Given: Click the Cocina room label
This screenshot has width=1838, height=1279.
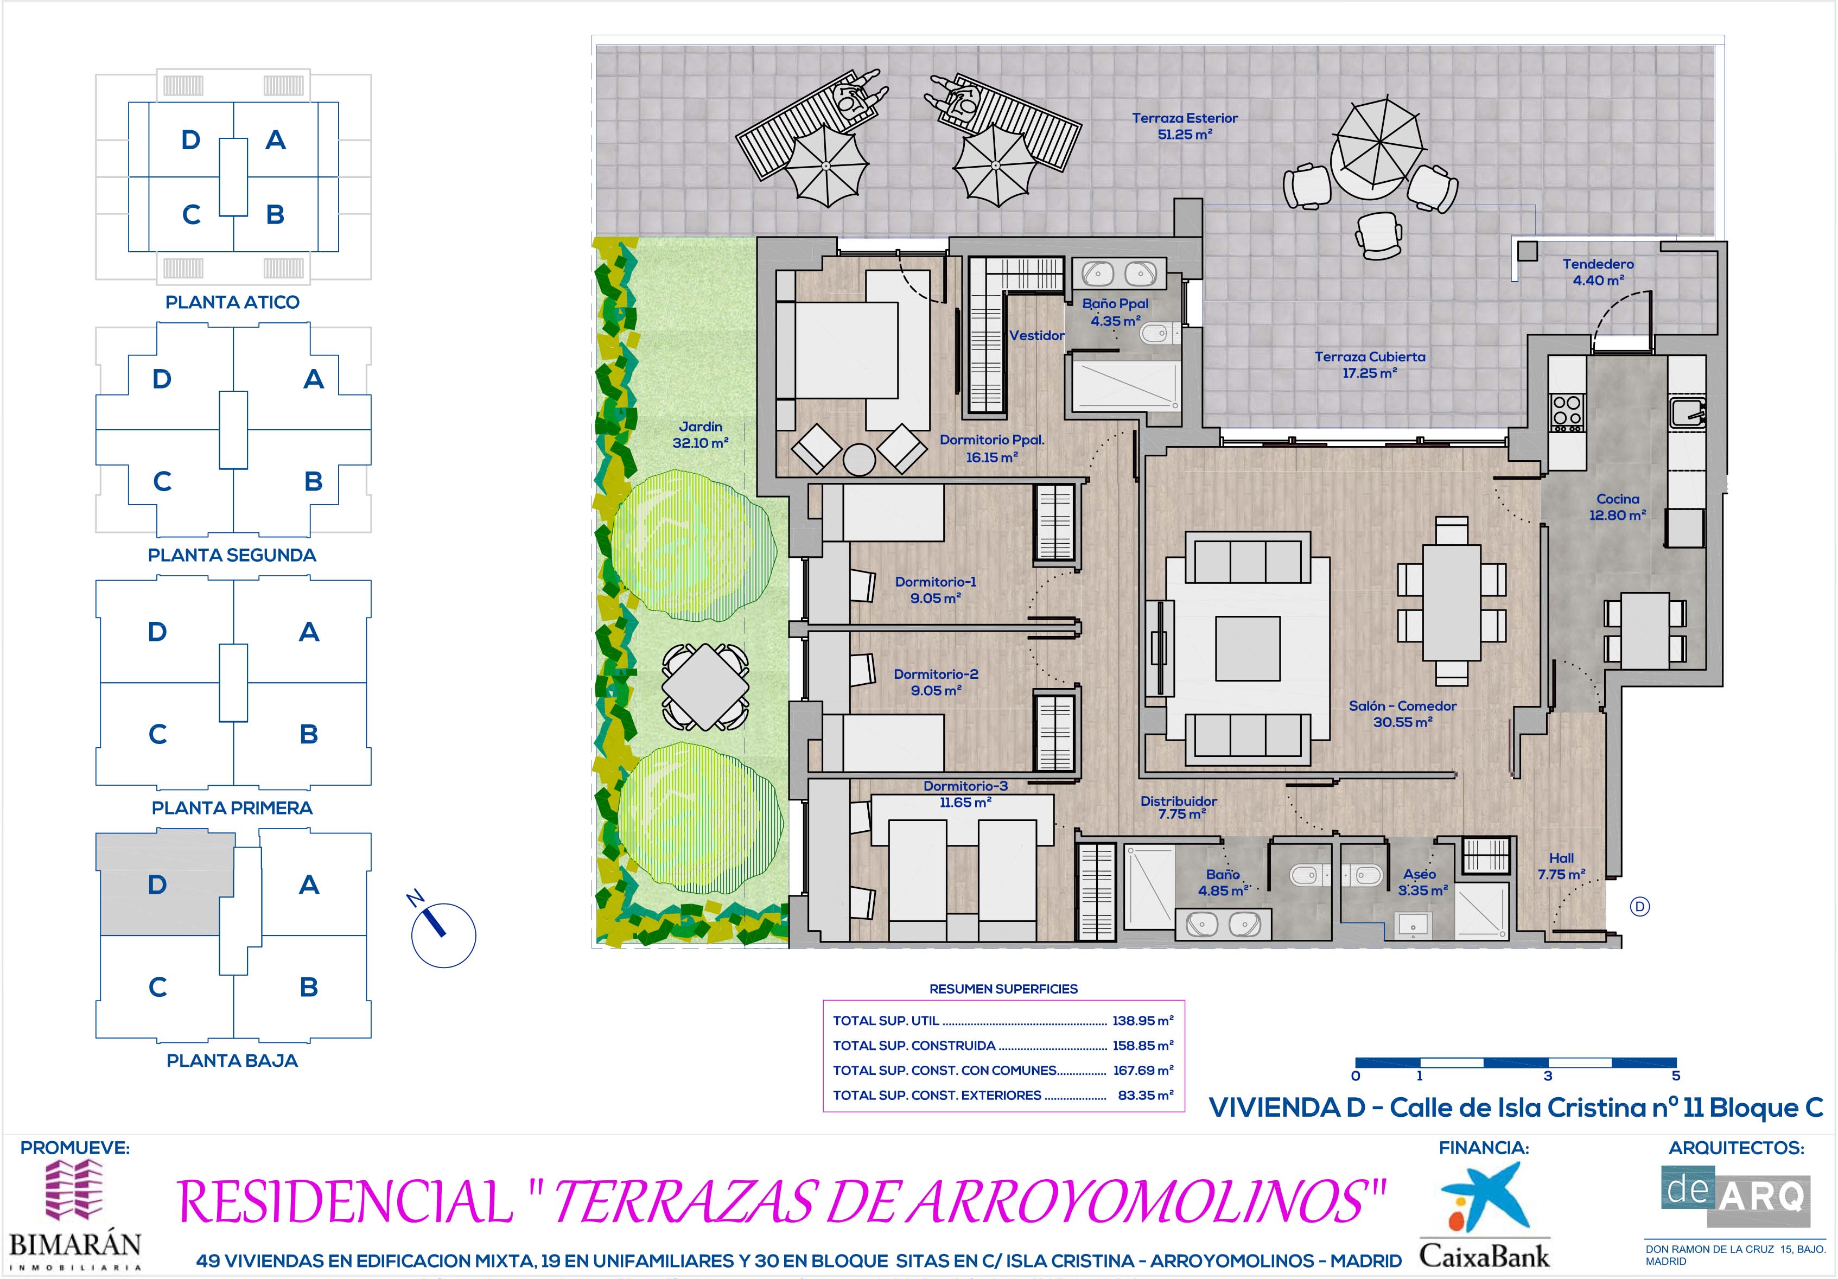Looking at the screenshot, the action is point(1617,499).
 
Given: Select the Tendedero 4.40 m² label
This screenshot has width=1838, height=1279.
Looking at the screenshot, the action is point(1598,272).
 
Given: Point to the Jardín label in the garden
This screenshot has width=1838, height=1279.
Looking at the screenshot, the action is point(701,427).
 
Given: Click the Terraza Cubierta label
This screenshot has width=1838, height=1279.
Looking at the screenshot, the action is point(1370,357).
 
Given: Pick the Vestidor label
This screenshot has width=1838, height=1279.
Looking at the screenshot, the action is point(1036,335).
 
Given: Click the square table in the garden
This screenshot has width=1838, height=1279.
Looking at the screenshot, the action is point(705,688).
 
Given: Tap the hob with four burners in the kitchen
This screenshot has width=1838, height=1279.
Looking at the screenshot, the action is point(1567,413).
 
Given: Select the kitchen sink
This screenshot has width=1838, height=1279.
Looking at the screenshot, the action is point(1688,412).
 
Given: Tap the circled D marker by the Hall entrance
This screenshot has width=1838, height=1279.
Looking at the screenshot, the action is point(1639,906).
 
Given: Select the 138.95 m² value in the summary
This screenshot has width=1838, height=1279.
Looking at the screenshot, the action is point(1142,1021).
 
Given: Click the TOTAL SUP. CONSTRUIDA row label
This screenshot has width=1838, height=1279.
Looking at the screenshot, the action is point(914,1045).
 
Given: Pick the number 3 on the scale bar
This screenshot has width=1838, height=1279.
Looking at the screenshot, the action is point(1548,1076).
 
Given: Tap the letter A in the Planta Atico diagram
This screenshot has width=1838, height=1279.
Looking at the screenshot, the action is point(275,140).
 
